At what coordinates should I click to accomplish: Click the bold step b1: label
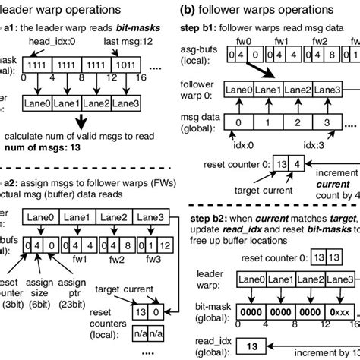coord(203,27)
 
